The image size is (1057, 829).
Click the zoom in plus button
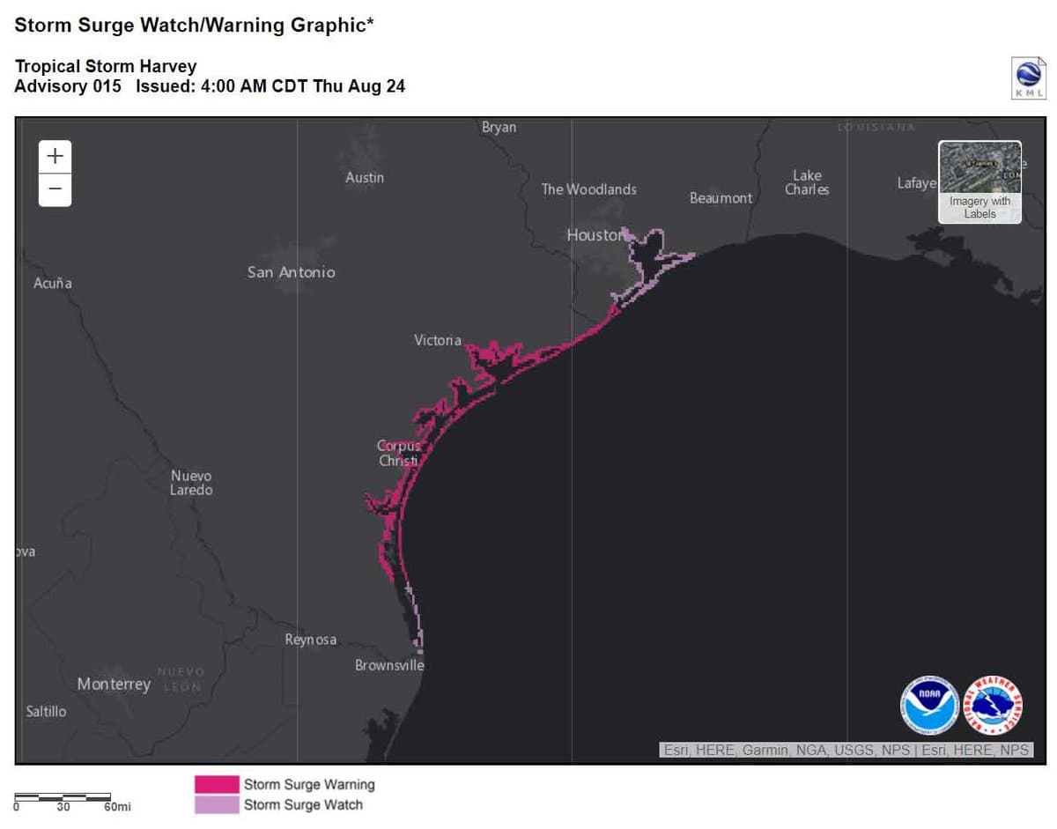point(55,157)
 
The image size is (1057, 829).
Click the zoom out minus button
point(55,189)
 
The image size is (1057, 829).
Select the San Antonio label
point(291,272)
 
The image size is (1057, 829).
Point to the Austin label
point(365,178)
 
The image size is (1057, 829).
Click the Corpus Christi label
point(399,454)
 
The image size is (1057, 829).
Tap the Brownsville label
point(389,665)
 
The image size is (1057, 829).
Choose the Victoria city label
point(438,340)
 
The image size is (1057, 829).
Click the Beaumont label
point(721,198)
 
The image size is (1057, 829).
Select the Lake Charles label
point(807,182)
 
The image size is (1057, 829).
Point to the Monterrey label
point(114,684)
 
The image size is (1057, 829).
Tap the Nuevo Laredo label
point(191,483)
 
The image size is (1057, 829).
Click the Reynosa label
point(310,640)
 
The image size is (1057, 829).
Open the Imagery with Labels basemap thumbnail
point(979,181)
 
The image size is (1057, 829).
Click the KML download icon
point(1029,78)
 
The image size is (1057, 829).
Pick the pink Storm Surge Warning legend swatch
point(217,784)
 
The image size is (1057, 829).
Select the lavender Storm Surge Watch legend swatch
point(217,804)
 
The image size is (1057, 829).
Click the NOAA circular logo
point(929,705)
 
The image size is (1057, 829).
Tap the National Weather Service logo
point(993,705)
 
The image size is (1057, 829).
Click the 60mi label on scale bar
point(117,807)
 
